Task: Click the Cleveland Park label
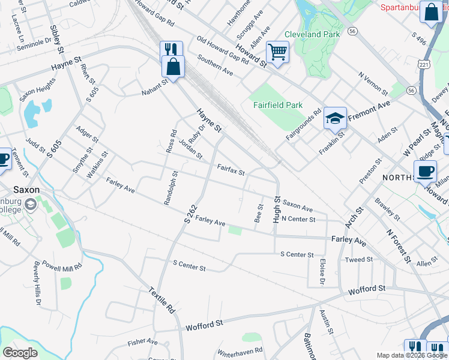pyautogui.click(x=312, y=34)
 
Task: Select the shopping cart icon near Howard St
pyautogui.click(x=277, y=53)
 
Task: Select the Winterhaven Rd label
pyautogui.click(x=240, y=351)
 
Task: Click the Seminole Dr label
pyautogui.click(x=34, y=43)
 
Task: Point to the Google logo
pyautogui.click(x=20, y=352)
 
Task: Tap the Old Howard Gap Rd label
pyautogui.click(x=223, y=51)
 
